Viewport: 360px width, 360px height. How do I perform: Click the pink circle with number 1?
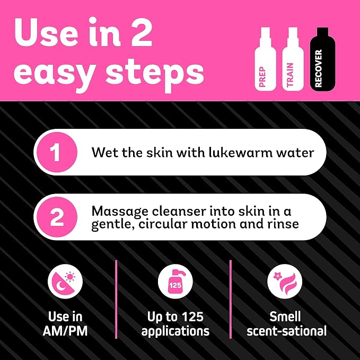click(x=57, y=152)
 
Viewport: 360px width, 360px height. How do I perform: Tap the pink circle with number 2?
click(x=57, y=217)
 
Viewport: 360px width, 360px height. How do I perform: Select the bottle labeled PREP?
click(x=265, y=59)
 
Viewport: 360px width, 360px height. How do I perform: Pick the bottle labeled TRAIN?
click(x=293, y=59)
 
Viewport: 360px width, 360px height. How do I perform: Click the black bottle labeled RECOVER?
click(x=322, y=59)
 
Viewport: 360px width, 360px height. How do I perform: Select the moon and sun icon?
click(x=65, y=281)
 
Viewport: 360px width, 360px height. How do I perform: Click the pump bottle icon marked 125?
click(x=175, y=281)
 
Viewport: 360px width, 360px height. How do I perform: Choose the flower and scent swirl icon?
click(x=285, y=281)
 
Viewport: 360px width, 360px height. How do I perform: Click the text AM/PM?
click(x=65, y=331)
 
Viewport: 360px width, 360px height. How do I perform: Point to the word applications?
click(x=175, y=332)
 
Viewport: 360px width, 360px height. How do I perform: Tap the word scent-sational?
click(x=286, y=331)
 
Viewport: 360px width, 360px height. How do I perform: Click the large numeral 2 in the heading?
click(x=141, y=32)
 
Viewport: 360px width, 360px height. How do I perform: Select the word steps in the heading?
click(x=154, y=73)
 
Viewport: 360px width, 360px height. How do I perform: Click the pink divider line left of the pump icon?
click(x=116, y=299)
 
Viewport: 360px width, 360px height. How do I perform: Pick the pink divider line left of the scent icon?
click(x=231, y=299)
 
